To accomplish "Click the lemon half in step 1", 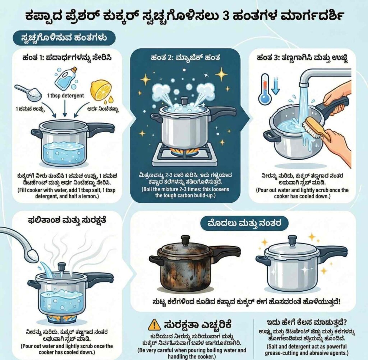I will (101, 90).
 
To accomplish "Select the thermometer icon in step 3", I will (265, 89).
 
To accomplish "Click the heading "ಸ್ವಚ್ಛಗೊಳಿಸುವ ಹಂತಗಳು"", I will (64, 37).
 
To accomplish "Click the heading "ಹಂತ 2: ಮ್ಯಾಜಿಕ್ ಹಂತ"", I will (185, 57).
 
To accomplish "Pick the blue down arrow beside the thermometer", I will (275, 87).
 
